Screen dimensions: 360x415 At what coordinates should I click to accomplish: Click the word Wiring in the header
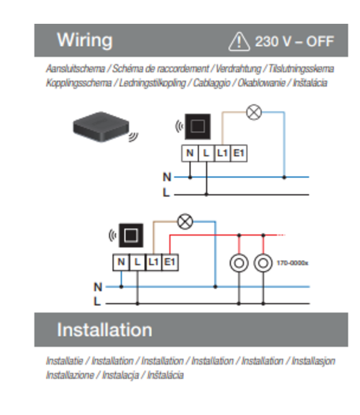coord(85,40)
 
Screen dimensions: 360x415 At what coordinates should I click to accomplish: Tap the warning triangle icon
coord(239,41)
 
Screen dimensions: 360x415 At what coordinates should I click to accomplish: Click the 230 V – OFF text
coord(294,41)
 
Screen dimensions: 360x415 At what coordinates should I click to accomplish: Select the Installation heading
coord(105,330)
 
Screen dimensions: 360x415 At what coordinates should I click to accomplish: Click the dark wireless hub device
coord(101,127)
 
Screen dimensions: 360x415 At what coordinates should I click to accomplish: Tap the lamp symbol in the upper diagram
coord(254,112)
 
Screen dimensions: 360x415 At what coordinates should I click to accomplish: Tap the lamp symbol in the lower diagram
coord(185,221)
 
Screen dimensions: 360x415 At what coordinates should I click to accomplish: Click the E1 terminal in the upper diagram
coord(239,153)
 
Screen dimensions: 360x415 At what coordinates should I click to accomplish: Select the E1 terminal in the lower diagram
coord(170,262)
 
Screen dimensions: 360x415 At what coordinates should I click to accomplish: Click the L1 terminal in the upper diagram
coord(223,153)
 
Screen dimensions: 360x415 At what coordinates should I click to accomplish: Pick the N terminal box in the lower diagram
coord(121,262)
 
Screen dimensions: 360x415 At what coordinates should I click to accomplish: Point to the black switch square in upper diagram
coord(198,127)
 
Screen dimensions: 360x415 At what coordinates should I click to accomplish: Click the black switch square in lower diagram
coord(131,235)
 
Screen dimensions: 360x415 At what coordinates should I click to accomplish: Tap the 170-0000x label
coord(292,263)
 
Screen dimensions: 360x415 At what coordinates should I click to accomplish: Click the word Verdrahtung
coord(238,69)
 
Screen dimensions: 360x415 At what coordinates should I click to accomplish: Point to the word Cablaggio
coord(212,83)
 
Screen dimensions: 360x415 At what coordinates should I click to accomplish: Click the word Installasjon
coord(313,361)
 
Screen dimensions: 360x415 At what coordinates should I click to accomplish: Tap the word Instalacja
coord(120,375)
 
